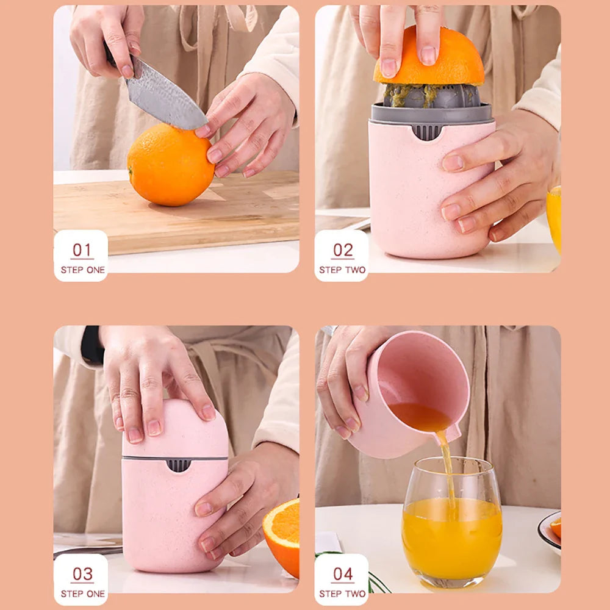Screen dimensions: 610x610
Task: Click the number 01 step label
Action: (x=82, y=250)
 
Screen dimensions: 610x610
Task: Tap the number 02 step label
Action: (x=342, y=250)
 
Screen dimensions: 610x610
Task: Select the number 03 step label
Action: (x=82, y=574)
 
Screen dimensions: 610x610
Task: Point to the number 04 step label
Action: (x=342, y=574)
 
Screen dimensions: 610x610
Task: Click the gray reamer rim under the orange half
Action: (x=432, y=113)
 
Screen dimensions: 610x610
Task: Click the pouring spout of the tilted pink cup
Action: (x=453, y=434)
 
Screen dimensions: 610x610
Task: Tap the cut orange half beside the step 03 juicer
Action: (x=283, y=534)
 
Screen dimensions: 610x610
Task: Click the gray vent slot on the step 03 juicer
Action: (x=178, y=465)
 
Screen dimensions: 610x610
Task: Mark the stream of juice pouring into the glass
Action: (x=448, y=470)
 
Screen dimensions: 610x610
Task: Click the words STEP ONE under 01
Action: (x=82, y=270)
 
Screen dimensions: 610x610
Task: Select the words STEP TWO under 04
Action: (x=342, y=594)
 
